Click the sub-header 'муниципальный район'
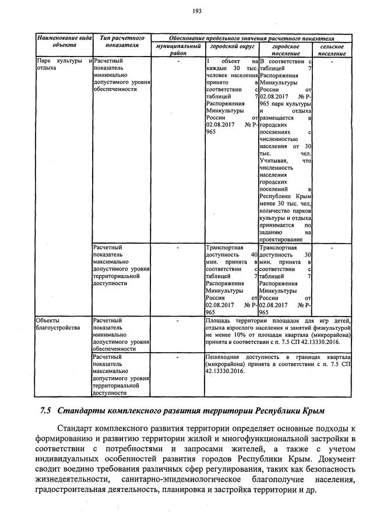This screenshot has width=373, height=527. (178, 50)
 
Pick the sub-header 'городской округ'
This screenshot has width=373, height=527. (231, 46)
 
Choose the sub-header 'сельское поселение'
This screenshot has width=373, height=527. (332, 50)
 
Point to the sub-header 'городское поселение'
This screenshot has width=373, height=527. (285, 50)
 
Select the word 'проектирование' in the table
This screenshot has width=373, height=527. (279, 238)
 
